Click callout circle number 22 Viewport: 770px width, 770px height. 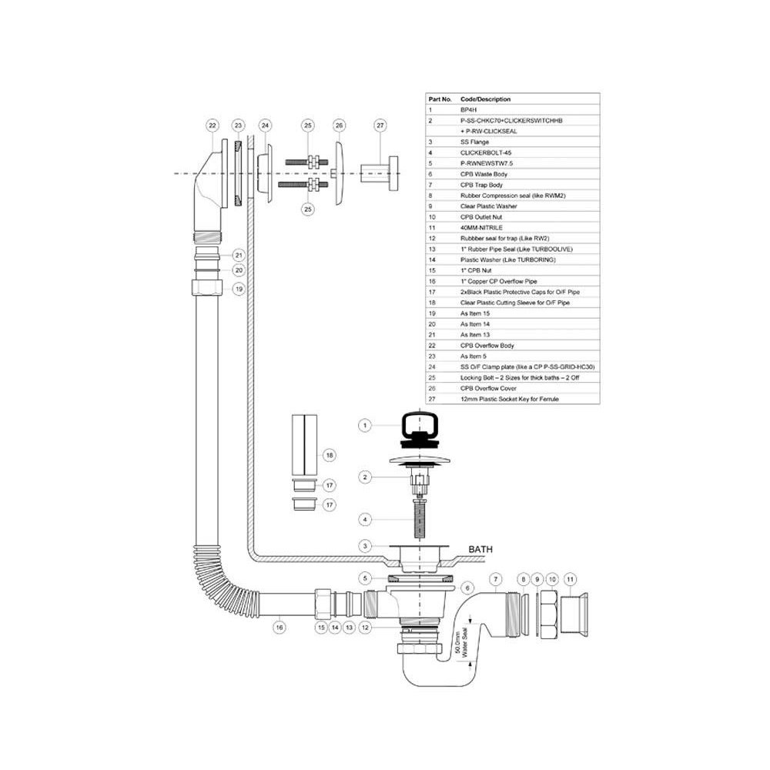[213, 125]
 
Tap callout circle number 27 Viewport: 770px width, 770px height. [380, 125]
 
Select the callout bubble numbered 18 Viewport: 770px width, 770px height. [330, 455]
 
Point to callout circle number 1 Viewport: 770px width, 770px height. [366, 425]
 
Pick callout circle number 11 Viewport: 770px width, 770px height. [571, 577]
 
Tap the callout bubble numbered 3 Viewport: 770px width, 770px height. [366, 546]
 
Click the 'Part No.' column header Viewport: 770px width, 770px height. [440, 99]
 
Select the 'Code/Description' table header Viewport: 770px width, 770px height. [485, 99]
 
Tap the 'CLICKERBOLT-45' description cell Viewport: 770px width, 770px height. [486, 153]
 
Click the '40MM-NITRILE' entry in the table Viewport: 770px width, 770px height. [484, 228]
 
